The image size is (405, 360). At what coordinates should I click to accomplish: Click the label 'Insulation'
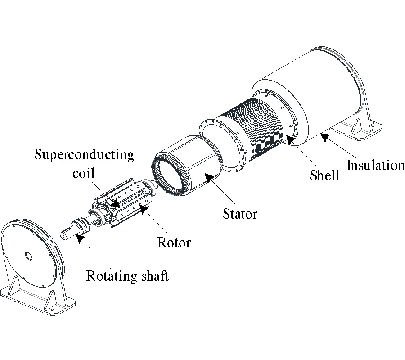pos(375,165)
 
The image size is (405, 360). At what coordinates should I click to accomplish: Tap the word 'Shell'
pos(325,175)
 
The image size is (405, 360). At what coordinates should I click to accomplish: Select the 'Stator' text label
pos(240,213)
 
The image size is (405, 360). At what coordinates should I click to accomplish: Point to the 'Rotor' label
pos(174,243)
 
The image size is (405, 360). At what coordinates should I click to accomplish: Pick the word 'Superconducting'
pos(85,155)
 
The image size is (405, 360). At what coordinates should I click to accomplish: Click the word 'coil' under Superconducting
pos(84,173)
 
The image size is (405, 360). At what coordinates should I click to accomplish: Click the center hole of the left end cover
pos(28,256)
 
